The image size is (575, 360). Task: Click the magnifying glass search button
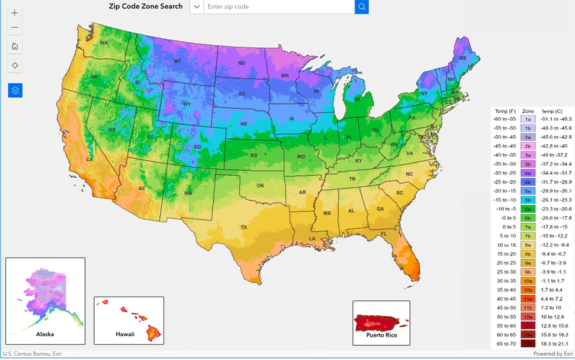[x=362, y=7]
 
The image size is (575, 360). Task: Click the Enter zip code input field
[x=278, y=7]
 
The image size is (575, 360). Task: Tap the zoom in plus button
[x=15, y=13]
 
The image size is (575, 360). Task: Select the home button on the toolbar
[x=15, y=46]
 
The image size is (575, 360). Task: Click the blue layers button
[x=15, y=90]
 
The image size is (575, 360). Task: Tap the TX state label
[x=244, y=227]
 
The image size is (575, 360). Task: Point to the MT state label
[x=178, y=61]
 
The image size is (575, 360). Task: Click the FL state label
[x=384, y=234]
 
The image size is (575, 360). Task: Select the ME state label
[x=462, y=58]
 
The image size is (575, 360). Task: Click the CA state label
[x=90, y=160]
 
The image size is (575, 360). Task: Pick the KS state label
[x=253, y=155]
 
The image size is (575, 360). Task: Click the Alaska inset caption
[x=45, y=334]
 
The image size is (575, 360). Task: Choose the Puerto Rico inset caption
[x=381, y=334]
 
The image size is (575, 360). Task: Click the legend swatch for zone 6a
[x=528, y=208]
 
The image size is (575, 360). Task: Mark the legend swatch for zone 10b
[x=528, y=289]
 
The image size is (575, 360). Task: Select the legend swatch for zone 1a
[x=528, y=119]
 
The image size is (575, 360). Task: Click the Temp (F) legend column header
[x=505, y=111]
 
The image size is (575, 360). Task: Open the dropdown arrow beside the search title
[x=196, y=7]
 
